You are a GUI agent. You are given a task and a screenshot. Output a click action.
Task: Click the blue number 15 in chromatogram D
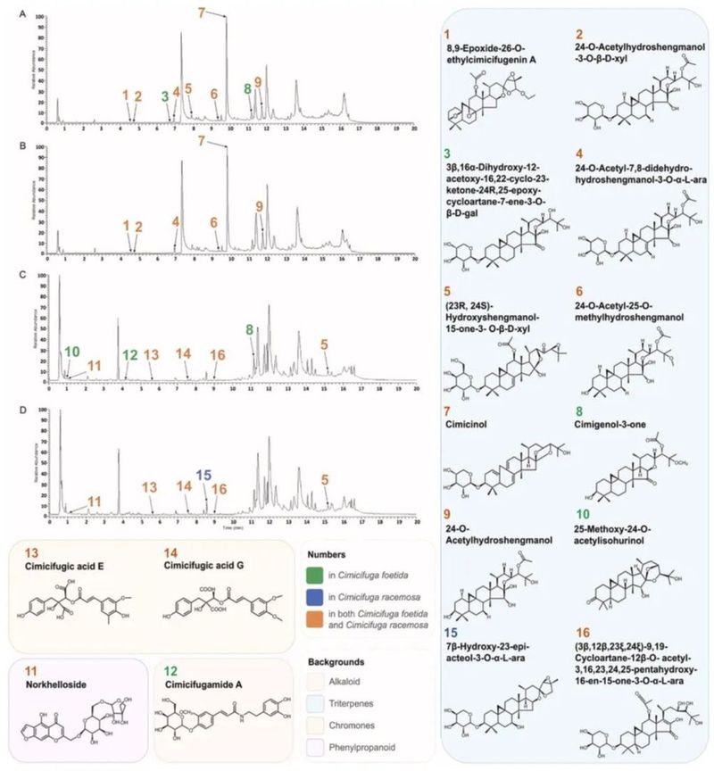pyautogui.click(x=204, y=475)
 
